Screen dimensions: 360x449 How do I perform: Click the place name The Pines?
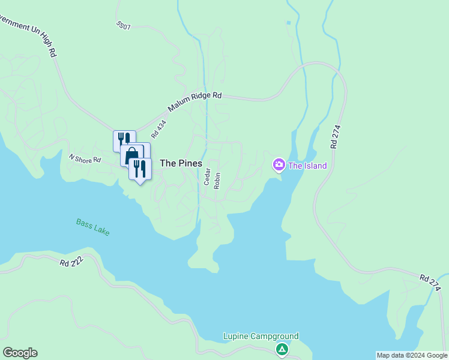(181, 163)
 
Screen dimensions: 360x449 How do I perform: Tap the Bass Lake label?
(93, 227)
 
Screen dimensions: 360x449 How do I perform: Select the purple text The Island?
(307, 166)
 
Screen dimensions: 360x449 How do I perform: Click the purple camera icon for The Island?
(279, 164)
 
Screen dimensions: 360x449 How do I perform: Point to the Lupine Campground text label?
(261, 337)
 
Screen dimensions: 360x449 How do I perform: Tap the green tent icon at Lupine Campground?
(281, 349)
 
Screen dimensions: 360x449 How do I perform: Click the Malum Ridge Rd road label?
(195, 103)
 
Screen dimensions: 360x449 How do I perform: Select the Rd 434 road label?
(158, 130)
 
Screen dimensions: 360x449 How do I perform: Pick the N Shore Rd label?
(85, 160)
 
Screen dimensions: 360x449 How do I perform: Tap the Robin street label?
(217, 181)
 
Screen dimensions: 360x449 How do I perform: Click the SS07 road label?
(123, 26)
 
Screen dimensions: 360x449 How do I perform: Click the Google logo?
(20, 353)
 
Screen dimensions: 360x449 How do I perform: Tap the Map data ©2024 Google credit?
(412, 355)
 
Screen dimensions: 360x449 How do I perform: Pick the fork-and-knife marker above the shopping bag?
(124, 140)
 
